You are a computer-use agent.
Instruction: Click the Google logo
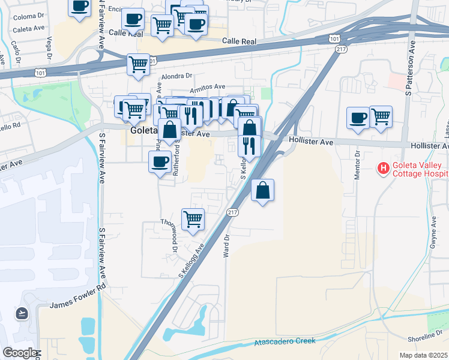[19, 353]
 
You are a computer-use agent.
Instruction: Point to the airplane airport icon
[22, 313]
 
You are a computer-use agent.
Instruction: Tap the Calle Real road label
[240, 41]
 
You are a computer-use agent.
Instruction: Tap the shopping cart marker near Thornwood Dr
[193, 218]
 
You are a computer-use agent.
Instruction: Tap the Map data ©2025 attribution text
[423, 355]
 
